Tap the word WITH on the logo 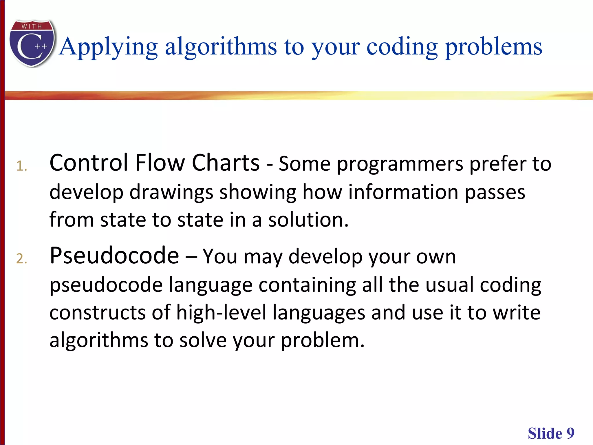pos(32,26)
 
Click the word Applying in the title pos(109,47)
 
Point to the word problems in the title pos(493,47)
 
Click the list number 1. pos(21,166)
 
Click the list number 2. pos(21,259)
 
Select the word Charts pos(226,163)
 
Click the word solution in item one pos(308,220)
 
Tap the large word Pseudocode pos(114,256)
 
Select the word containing pos(307,285)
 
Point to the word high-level pos(221,313)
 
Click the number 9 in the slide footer pos(570,434)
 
